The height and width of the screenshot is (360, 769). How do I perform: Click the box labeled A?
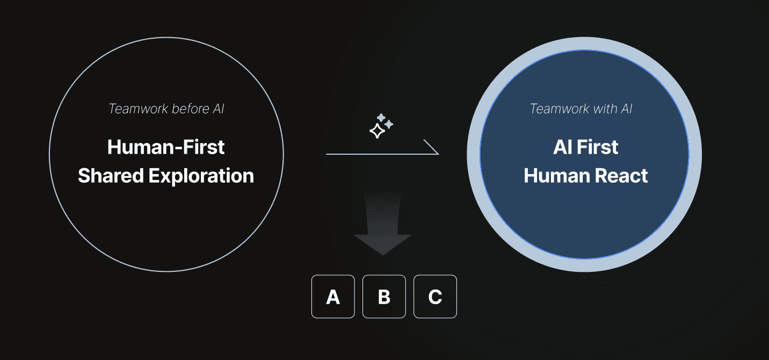click(x=333, y=297)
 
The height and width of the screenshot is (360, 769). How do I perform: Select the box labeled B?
click(x=384, y=297)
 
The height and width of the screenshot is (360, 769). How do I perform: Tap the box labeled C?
click(x=435, y=297)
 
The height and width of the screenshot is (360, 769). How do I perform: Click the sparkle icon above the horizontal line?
click(x=381, y=126)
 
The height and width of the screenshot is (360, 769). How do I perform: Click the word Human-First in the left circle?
click(x=166, y=147)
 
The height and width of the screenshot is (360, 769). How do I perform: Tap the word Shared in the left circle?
click(x=110, y=176)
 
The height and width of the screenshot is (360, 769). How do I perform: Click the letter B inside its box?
click(x=384, y=297)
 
